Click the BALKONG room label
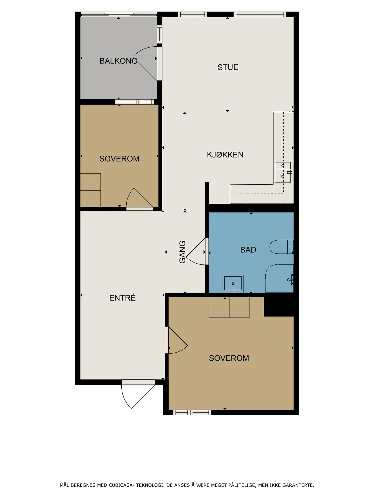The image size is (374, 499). tap(118, 61)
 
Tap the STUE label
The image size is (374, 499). tap(228, 67)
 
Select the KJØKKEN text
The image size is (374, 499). tap(225, 154)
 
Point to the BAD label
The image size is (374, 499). tap(248, 250)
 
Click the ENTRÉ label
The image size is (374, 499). tap(122, 298)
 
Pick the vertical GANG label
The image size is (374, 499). tap(182, 252)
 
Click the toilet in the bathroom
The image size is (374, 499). tap(281, 247)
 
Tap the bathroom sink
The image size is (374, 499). tap(233, 284)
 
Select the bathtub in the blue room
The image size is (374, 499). tap(279, 279)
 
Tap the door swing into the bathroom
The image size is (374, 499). tap(196, 251)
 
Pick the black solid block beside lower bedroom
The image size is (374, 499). tap(279, 305)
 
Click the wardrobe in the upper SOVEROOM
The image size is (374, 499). tap(90, 190)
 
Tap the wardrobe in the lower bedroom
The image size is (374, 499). tap(229, 307)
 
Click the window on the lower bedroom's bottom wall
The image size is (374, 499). tap(192, 413)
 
